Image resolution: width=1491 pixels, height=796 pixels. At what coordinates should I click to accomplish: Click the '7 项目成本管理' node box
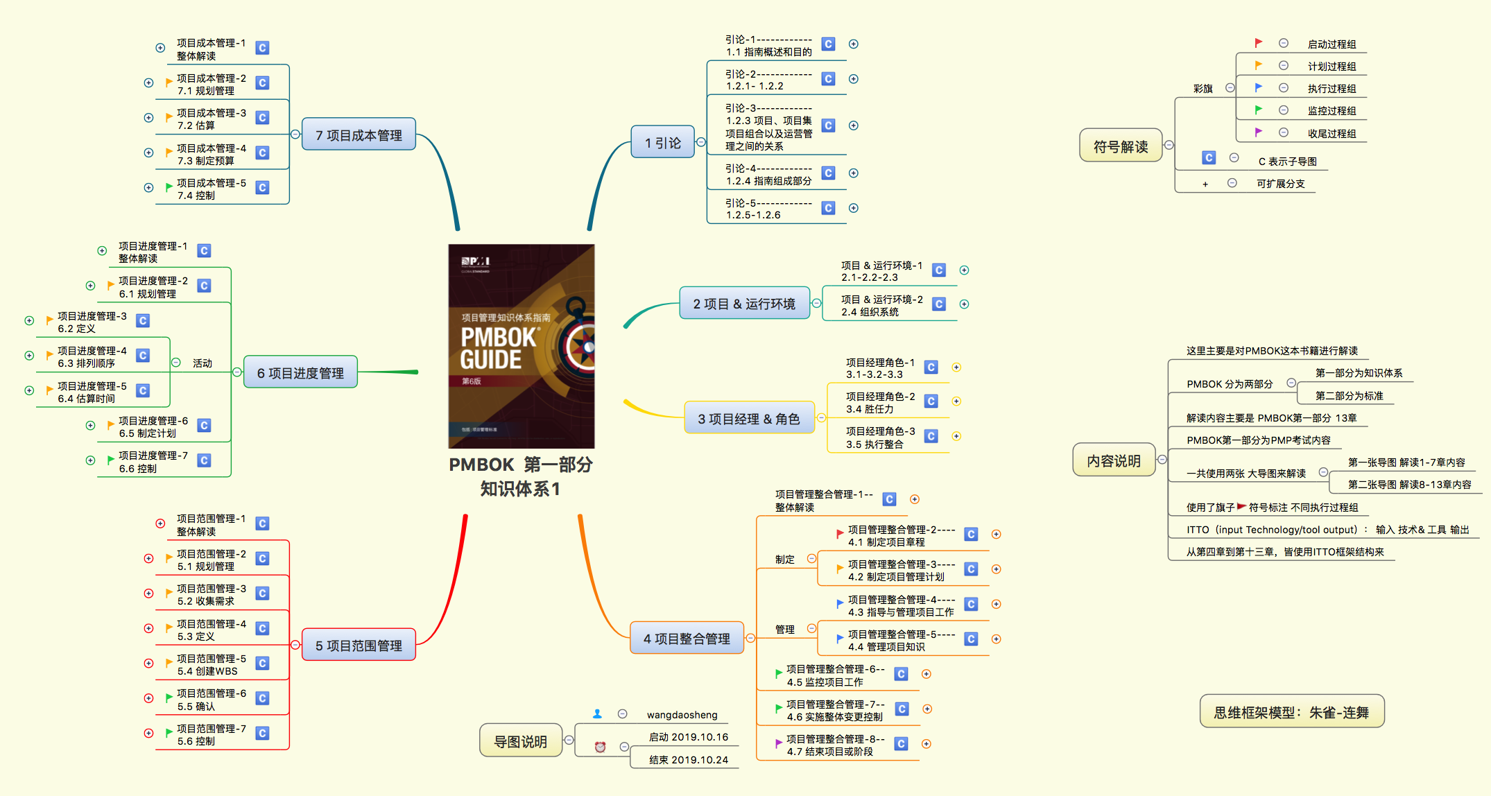359,135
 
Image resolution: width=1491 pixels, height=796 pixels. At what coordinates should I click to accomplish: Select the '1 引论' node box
662,142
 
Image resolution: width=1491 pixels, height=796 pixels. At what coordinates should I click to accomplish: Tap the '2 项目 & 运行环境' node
744,304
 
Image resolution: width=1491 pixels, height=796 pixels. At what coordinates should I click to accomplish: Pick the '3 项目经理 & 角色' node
749,418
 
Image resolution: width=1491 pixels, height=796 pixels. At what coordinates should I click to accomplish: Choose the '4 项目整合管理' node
687,638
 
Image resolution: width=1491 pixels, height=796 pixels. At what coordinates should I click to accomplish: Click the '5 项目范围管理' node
359,645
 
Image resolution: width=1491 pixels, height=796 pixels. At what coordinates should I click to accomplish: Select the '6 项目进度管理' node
300,372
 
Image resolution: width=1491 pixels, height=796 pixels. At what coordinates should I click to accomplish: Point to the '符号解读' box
1121,146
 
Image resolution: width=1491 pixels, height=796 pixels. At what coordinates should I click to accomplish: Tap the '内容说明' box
1114,460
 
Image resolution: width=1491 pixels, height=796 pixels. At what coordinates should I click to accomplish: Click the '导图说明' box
520,741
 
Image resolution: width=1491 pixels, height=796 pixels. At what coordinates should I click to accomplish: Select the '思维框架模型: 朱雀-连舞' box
1291,712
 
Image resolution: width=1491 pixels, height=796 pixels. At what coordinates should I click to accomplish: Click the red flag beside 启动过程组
1259,43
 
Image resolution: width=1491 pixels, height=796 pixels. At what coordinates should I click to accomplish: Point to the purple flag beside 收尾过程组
1259,132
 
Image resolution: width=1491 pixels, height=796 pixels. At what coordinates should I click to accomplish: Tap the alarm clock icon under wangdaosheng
601,747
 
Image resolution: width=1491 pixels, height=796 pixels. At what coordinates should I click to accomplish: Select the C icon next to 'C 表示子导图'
1209,158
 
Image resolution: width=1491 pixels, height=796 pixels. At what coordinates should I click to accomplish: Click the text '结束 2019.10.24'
689,760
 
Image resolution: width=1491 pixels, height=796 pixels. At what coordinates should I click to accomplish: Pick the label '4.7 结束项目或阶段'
830,752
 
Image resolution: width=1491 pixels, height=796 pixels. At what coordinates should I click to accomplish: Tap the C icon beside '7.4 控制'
262,188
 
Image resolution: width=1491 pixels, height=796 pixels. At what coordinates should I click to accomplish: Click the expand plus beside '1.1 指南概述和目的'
854,44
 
